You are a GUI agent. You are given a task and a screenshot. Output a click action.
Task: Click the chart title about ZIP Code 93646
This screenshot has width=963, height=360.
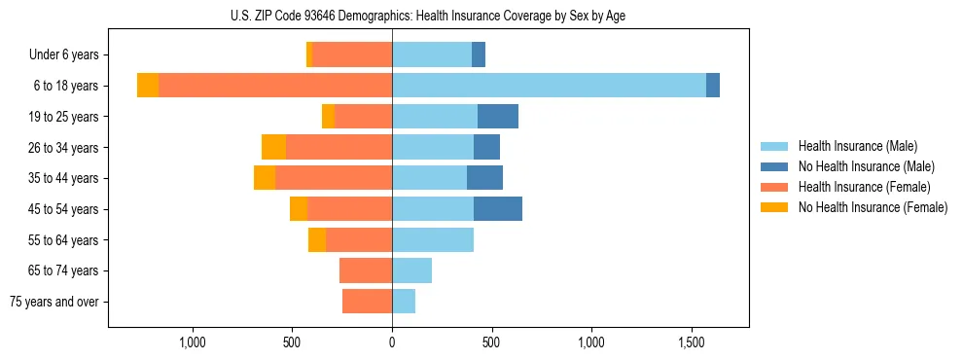coord(428,16)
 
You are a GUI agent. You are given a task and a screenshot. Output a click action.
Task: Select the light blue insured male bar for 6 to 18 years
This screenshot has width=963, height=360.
coord(549,86)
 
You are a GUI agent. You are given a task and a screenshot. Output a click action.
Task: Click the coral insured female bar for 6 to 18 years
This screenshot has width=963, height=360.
coord(275,86)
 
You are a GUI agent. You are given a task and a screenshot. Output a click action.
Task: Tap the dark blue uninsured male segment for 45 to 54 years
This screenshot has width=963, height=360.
coord(498,209)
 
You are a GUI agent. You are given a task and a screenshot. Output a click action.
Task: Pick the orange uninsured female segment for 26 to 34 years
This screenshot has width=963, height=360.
coord(273,147)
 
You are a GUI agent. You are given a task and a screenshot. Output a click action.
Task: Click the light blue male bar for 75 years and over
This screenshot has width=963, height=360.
coord(404,302)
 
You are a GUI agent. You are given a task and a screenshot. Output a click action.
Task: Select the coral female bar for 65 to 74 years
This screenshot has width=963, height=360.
coord(366,270)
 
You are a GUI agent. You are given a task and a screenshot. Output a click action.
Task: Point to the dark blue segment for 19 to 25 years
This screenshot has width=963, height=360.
coord(498,117)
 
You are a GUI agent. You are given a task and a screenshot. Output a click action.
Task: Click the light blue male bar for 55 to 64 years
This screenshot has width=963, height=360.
coord(433,239)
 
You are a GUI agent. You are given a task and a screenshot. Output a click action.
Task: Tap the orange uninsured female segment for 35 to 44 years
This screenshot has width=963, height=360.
coord(265,178)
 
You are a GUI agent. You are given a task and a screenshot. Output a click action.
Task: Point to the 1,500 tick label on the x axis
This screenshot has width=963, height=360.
coord(692,342)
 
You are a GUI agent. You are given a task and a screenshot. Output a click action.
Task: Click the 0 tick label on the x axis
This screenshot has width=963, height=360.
coord(392,342)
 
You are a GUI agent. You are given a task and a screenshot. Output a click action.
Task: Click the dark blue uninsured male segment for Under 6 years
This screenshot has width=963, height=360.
coord(479,55)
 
